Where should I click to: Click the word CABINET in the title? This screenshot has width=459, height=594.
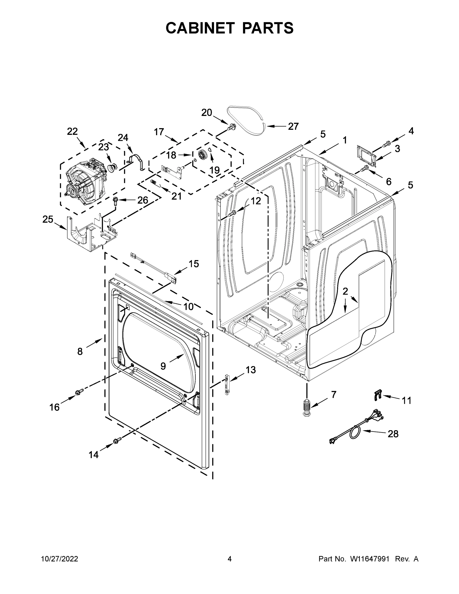point(200,28)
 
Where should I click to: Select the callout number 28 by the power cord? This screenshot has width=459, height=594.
point(393,434)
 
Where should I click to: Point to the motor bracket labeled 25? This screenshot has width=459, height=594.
point(91,234)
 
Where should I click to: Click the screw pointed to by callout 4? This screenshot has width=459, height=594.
point(387,143)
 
